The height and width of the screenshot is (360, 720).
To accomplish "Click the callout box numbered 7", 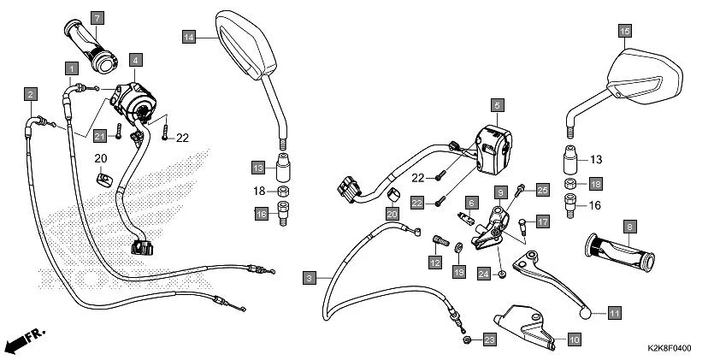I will pyautogui.click(x=97, y=18).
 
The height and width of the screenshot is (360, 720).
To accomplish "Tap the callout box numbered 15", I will pyautogui.click(x=625, y=32).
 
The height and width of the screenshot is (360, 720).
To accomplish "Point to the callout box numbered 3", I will pyautogui.click(x=309, y=277).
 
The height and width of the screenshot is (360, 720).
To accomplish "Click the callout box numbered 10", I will pyautogui.click(x=573, y=339).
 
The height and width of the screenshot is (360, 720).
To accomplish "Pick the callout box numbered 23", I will pyautogui.click(x=488, y=339).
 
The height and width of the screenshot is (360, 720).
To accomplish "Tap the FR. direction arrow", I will pyautogui.click(x=24, y=339).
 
